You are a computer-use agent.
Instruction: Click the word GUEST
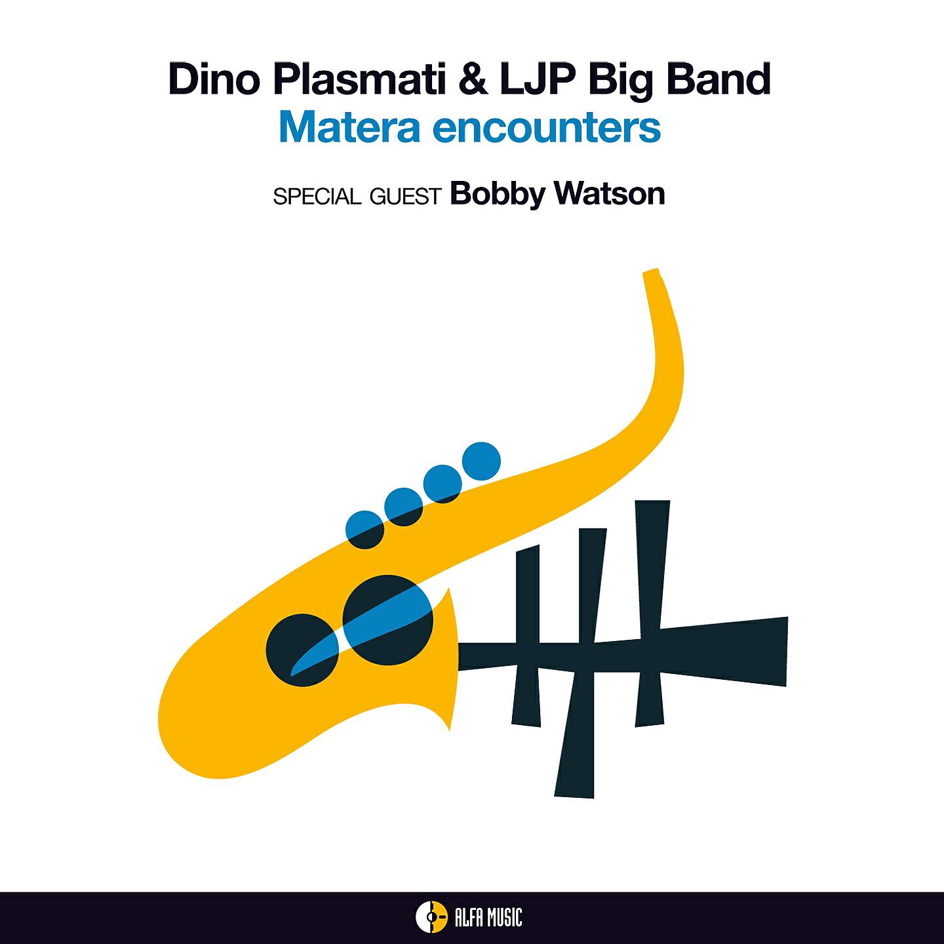coord(404,197)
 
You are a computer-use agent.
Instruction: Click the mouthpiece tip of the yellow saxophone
coord(650,274)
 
